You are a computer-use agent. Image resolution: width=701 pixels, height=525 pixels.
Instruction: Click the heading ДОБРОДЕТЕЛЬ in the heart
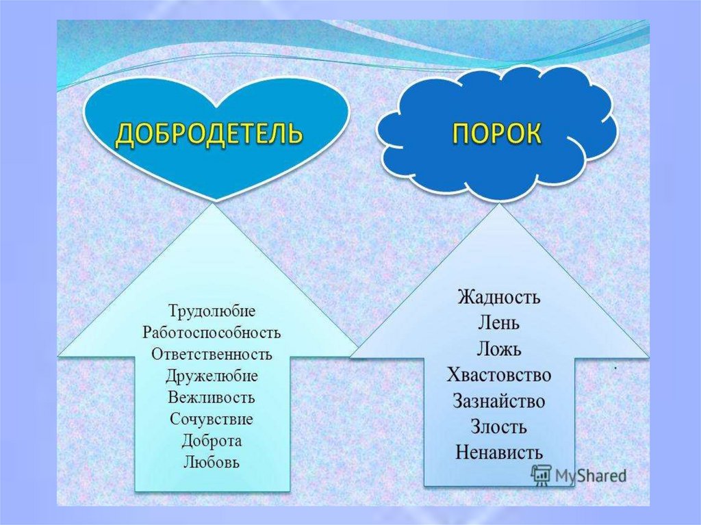(x=208, y=134)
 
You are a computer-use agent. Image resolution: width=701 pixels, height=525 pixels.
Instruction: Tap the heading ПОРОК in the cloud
(x=496, y=133)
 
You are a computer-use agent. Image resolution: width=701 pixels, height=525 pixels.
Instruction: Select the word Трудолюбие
(x=211, y=311)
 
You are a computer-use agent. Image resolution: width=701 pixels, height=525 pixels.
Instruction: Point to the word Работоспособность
(x=212, y=333)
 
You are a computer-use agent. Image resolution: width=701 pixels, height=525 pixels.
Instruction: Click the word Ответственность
(x=212, y=355)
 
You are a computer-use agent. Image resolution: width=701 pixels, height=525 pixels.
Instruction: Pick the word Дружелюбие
(x=212, y=376)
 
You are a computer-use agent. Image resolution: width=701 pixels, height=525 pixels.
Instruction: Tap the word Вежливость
(x=212, y=397)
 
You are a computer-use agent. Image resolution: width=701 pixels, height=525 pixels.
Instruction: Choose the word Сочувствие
(x=212, y=418)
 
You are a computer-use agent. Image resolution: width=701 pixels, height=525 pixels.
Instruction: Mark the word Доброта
(x=212, y=440)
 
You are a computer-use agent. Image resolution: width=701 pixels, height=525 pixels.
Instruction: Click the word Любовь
(x=212, y=461)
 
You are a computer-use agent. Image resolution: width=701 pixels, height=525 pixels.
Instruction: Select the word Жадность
(x=498, y=298)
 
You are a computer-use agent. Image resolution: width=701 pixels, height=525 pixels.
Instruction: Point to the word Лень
(x=498, y=323)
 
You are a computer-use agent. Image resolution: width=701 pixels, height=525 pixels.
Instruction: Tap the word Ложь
(x=498, y=349)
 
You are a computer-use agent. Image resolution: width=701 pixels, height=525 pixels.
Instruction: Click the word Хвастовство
(x=498, y=375)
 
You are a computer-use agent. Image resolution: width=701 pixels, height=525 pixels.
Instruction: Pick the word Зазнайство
(x=498, y=400)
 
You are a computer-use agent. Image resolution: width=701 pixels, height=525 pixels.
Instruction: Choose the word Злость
(x=498, y=426)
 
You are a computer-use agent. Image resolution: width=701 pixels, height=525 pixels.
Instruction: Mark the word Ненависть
(x=498, y=452)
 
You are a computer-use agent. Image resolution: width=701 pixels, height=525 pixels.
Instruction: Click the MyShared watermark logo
(x=578, y=474)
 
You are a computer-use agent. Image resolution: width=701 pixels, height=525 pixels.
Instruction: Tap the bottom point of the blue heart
(x=217, y=199)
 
